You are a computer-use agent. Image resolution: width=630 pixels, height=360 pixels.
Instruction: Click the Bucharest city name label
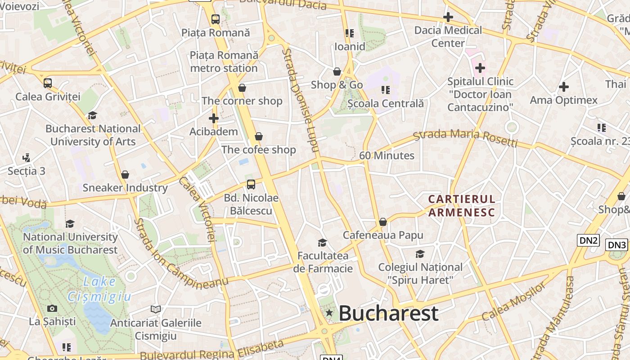[x=388, y=313]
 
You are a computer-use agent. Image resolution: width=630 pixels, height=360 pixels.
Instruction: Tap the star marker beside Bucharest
[x=329, y=313]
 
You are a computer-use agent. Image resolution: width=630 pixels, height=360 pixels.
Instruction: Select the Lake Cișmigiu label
[x=99, y=289]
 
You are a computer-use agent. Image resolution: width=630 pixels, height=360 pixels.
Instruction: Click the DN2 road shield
[x=589, y=240]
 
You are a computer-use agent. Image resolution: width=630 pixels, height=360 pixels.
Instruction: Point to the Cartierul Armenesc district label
[x=462, y=206]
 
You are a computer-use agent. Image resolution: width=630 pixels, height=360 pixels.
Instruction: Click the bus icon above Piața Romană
[x=216, y=19]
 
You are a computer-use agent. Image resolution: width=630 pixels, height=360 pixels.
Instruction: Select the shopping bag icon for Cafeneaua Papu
[x=383, y=222]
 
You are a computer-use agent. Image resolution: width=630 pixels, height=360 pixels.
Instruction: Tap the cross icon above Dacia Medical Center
[x=448, y=18]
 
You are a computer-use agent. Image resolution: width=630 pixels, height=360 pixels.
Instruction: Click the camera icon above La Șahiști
[x=52, y=308]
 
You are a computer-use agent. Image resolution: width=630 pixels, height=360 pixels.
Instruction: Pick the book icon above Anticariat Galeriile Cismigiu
[x=156, y=309]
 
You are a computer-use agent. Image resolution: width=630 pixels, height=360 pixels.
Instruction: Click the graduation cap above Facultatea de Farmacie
[x=322, y=243]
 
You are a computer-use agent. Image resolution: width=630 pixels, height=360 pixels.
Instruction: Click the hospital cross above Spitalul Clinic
[x=480, y=68]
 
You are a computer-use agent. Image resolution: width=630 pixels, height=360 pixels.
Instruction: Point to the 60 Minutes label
[x=387, y=156]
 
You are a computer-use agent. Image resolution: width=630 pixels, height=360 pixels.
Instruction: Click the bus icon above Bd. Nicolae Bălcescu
[x=251, y=184]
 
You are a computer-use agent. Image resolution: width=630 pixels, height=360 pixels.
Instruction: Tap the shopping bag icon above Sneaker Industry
[x=125, y=175]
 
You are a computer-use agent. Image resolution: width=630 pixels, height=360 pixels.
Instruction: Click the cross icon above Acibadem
[x=214, y=118]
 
